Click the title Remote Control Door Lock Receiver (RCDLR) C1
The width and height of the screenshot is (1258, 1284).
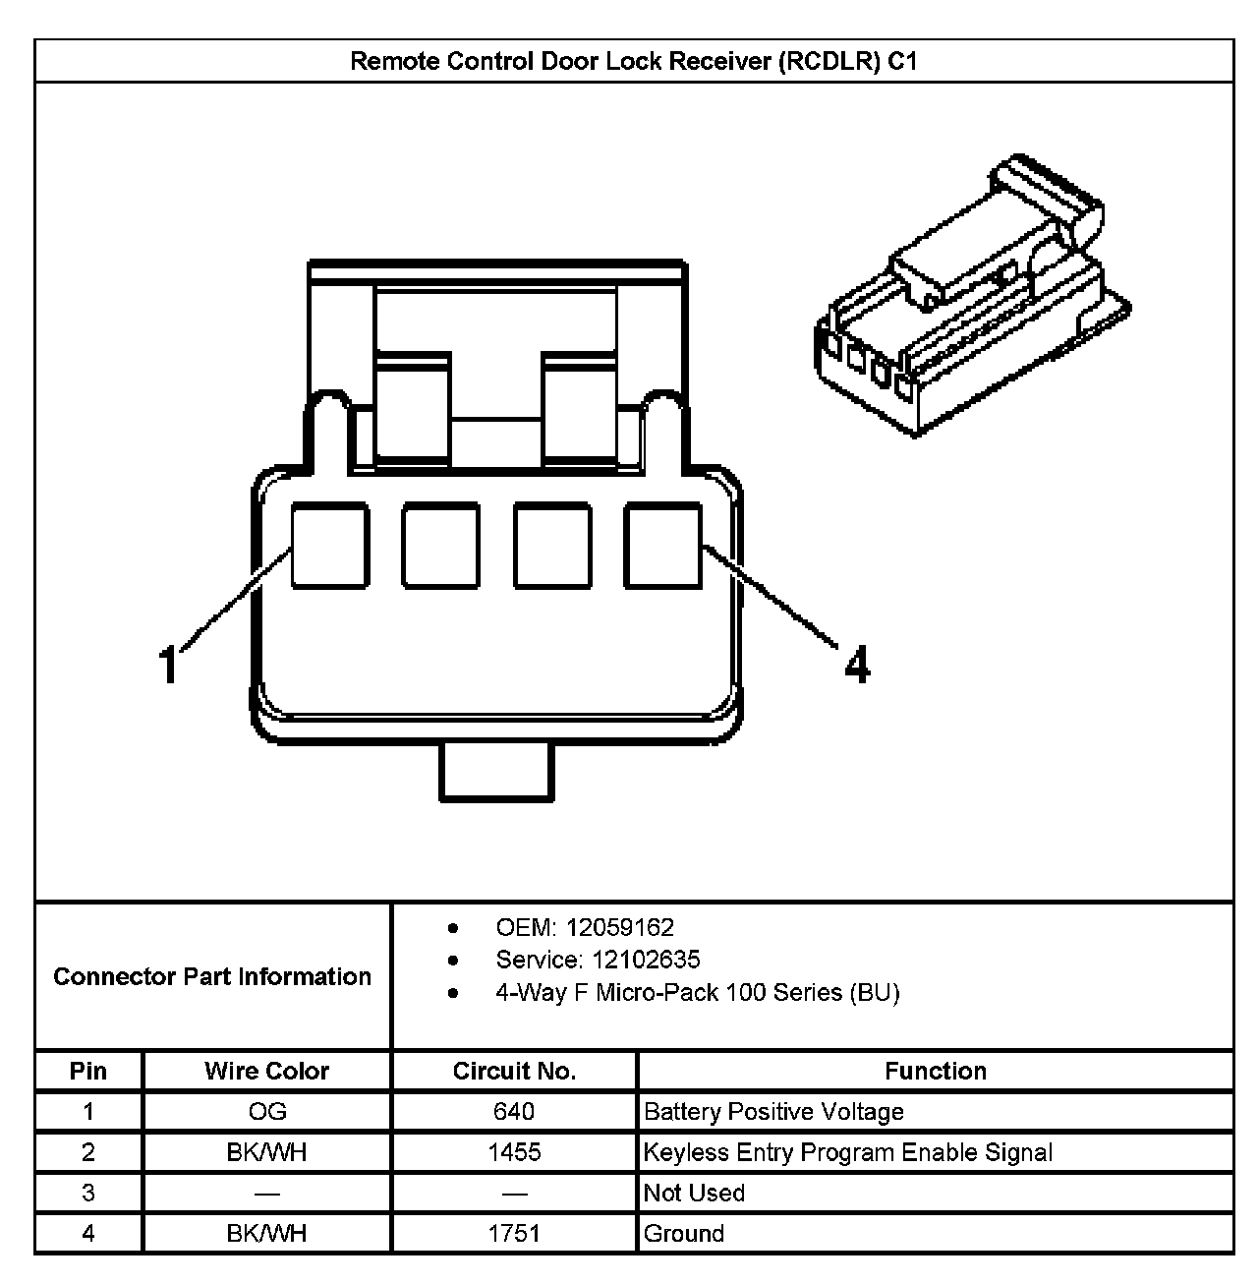click(634, 62)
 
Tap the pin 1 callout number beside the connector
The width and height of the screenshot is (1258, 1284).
click(170, 664)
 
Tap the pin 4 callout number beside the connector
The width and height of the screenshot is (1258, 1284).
click(857, 666)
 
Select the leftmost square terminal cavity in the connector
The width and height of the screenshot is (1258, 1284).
click(330, 546)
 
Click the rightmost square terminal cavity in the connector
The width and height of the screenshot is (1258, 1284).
click(663, 546)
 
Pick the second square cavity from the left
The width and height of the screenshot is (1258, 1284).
click(441, 546)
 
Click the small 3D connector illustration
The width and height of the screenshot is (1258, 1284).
click(968, 295)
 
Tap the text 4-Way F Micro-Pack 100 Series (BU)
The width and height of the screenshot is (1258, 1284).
click(697, 992)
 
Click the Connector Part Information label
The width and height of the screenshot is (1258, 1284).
click(212, 976)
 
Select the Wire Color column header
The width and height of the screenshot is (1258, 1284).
click(266, 1071)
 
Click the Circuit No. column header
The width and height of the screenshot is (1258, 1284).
click(514, 1071)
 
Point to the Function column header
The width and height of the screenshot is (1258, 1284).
click(935, 1071)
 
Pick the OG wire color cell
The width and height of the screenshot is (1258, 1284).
click(266, 1112)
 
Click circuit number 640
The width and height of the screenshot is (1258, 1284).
click(514, 1112)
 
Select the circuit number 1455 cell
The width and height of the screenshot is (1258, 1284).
click(514, 1152)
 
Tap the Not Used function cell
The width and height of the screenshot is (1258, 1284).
click(694, 1193)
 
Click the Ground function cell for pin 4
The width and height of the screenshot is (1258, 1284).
click(683, 1233)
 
